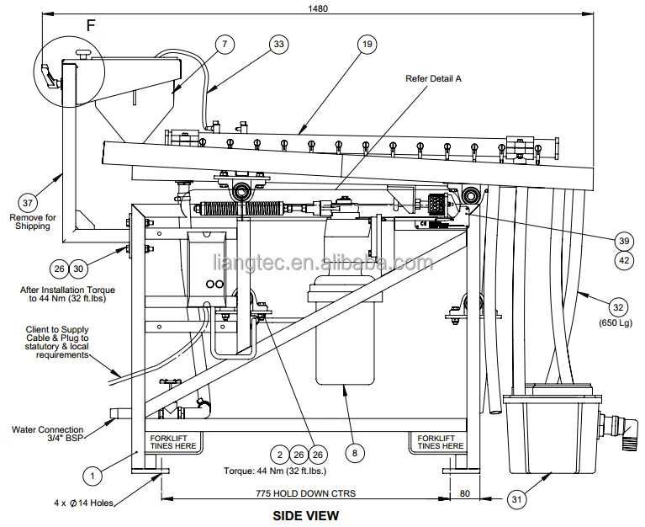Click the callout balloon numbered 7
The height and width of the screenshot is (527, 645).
click(x=225, y=44)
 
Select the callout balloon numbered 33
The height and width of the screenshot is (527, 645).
click(x=279, y=44)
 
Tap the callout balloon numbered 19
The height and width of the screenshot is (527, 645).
click(x=367, y=44)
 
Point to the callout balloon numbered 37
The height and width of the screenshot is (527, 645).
click(x=28, y=203)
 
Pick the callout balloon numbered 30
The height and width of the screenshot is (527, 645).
click(x=78, y=269)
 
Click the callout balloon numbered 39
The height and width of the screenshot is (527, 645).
click(x=624, y=241)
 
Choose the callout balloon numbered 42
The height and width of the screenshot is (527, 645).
click(x=624, y=261)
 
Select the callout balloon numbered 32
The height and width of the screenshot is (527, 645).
click(x=618, y=307)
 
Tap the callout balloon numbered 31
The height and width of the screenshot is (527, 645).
click(x=516, y=499)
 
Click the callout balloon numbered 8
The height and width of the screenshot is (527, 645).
click(x=355, y=453)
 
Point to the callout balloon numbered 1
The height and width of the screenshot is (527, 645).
click(x=93, y=476)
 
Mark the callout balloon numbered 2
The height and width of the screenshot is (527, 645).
click(x=280, y=455)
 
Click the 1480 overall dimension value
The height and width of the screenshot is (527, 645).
click(x=318, y=8)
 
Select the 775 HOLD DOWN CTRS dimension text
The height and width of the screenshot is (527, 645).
click(x=305, y=493)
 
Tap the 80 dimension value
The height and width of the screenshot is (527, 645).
click(x=465, y=493)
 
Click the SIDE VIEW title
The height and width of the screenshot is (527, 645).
click(x=306, y=515)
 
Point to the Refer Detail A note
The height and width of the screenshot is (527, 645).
click(x=433, y=78)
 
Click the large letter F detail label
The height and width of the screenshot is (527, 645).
click(x=91, y=25)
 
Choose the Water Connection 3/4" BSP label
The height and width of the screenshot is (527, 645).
click(x=48, y=434)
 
